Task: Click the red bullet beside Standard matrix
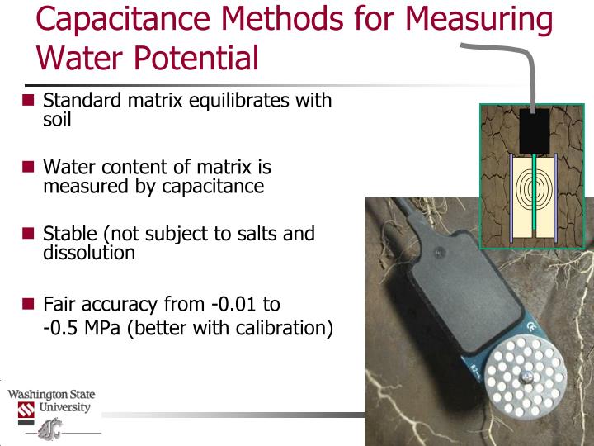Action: pos(28,101)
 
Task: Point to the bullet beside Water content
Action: pos(28,167)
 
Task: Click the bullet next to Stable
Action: pos(28,233)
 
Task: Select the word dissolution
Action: pos(88,253)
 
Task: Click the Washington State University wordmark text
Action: pos(51,401)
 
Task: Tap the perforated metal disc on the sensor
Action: pos(524,376)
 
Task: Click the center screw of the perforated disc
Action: pos(524,377)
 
